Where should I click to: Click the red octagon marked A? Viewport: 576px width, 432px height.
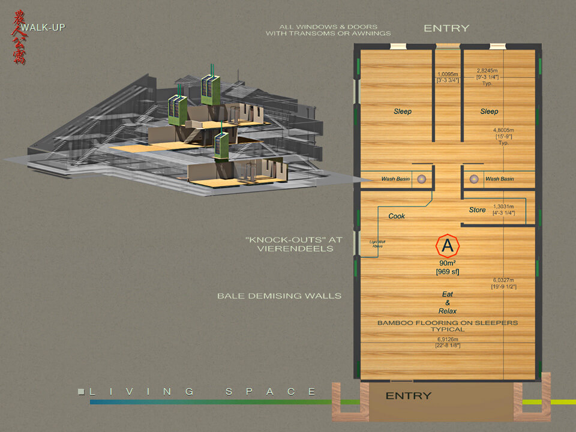(x=447, y=245)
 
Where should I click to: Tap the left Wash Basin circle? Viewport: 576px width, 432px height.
(x=422, y=179)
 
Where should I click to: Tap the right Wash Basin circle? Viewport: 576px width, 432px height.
(x=474, y=179)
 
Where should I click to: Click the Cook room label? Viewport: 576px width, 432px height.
(x=397, y=216)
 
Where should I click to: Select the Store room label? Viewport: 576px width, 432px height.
(x=478, y=210)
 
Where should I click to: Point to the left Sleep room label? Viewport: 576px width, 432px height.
(x=403, y=112)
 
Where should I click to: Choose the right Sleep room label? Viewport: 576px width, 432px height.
(x=489, y=112)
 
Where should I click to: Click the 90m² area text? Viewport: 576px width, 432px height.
(x=447, y=263)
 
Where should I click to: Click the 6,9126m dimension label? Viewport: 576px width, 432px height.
(x=448, y=340)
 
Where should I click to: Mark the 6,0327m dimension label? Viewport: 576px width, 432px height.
(x=505, y=280)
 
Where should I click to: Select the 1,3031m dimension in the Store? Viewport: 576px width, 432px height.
(x=504, y=206)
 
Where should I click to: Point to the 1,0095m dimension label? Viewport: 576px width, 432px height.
(x=447, y=76)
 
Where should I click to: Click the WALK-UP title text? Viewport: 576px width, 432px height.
(x=43, y=28)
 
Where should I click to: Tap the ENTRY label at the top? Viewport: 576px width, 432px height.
(x=446, y=28)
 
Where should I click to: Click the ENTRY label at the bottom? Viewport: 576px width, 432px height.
(x=408, y=396)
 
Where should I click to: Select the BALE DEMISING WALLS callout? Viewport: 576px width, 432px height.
(x=279, y=296)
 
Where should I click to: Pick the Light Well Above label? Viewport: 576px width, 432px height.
(x=376, y=244)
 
